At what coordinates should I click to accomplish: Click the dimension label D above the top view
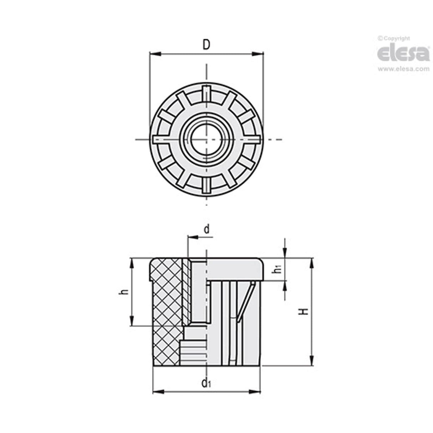click(x=206, y=45)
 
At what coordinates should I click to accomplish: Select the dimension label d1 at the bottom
click(x=206, y=383)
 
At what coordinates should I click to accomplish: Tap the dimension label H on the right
click(x=304, y=311)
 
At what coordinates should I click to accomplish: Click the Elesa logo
click(x=403, y=54)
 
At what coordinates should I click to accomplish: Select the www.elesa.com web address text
click(x=403, y=69)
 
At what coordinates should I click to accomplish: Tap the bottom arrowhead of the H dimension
click(x=312, y=360)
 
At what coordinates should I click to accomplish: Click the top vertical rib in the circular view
click(x=206, y=93)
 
